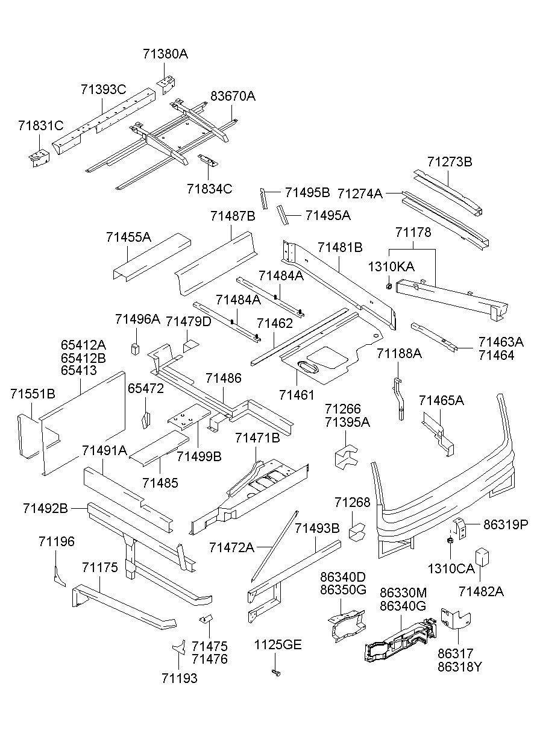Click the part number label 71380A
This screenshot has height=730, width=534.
[x=165, y=54]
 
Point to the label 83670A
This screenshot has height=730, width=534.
[x=233, y=96]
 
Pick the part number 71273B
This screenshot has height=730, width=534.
[x=449, y=162]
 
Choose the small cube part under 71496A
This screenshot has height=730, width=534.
[x=136, y=348]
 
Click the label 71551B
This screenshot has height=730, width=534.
[x=33, y=394]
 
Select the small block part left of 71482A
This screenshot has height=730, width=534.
[x=482, y=556]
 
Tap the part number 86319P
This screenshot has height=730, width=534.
[x=505, y=524]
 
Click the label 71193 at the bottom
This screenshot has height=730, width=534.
[x=179, y=678]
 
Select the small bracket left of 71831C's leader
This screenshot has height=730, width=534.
[x=37, y=158]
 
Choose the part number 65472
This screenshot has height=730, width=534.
[x=145, y=389]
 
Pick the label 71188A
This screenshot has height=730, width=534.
[x=399, y=353]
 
